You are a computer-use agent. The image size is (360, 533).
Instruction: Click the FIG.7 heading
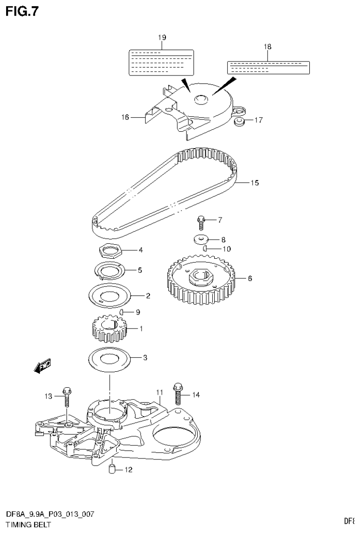coord(22,11)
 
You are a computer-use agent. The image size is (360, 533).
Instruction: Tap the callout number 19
coord(162,37)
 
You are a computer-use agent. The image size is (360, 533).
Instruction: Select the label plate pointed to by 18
coord(268,68)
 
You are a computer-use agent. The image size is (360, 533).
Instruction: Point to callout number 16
coord(125,118)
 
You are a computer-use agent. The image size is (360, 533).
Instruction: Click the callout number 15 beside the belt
coord(254,182)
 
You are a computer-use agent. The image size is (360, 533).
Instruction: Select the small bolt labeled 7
coord(201,219)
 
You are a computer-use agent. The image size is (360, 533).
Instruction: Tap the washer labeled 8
coord(201,239)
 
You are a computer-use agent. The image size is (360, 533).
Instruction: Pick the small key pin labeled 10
coord(206,249)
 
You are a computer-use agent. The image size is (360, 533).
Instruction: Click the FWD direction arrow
coord(43,367)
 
